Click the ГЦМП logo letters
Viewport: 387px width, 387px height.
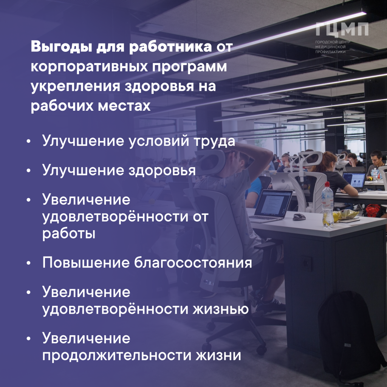pyautogui.click(x=342, y=29)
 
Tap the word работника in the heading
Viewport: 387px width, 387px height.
pyautogui.click(x=170, y=47)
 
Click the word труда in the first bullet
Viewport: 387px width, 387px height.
pyautogui.click(x=214, y=141)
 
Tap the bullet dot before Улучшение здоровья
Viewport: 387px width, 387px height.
pyautogui.click(x=29, y=170)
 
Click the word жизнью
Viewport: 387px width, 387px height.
pyautogui.click(x=221, y=309)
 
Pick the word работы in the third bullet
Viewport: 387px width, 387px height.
pyautogui.click(x=69, y=233)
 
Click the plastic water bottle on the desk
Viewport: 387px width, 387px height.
pyautogui.click(x=328, y=204)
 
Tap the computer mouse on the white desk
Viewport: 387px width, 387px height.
pyautogui.click(x=299, y=217)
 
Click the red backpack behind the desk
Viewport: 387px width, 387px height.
pyautogui.click(x=373, y=211)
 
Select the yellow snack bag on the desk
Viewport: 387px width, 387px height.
pyautogui.click(x=347, y=215)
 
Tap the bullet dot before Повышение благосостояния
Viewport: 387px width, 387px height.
pyautogui.click(x=29, y=263)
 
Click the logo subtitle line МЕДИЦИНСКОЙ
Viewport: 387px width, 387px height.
pyautogui.click(x=330, y=47)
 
